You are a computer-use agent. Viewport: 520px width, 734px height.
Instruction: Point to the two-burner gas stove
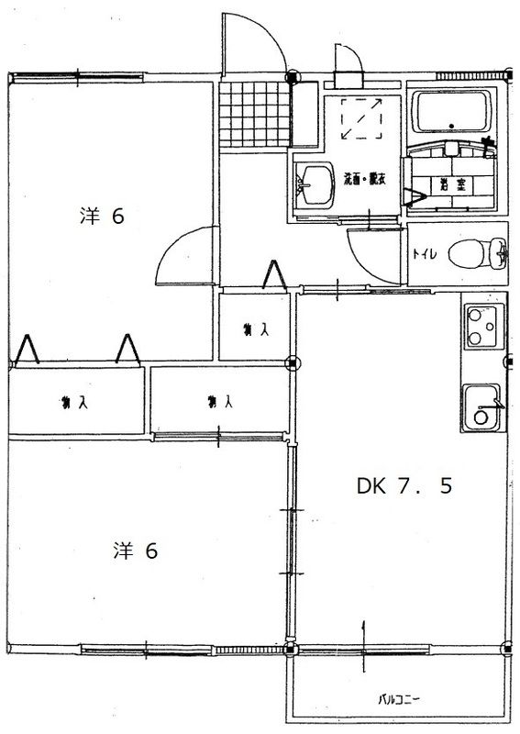pos(482,327)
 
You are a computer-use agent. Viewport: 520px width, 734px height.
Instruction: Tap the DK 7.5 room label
pos(404,487)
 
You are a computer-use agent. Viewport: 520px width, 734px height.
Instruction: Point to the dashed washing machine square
pos(362,118)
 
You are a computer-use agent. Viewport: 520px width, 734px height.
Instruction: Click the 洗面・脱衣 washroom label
pos(364,180)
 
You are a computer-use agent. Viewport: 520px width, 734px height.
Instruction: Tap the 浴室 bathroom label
pos(451,183)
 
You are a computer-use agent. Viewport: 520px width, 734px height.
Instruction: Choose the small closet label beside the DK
pos(255,328)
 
